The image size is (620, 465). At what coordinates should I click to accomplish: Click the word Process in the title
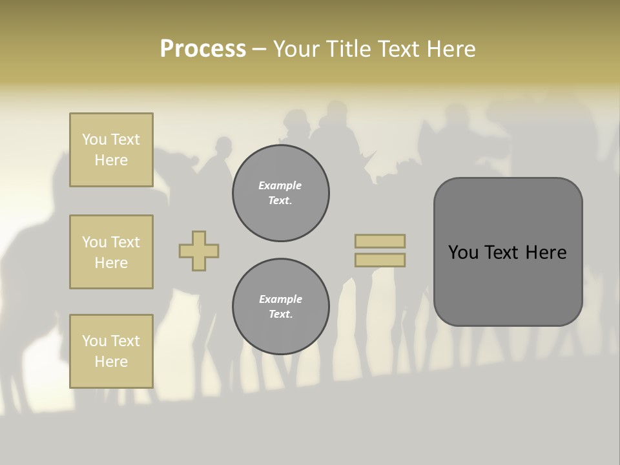coord(203,49)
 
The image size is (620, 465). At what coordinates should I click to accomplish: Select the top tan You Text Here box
coord(111,150)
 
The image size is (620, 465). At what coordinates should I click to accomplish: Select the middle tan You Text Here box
coord(111,252)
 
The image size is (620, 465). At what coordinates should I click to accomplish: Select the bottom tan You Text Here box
coord(111,351)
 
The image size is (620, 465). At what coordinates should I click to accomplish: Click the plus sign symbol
coord(199,251)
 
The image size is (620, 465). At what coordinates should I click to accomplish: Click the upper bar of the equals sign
coord(380,241)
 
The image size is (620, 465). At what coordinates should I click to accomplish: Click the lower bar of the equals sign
coord(380,260)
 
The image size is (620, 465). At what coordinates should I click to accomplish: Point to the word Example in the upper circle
coord(280,185)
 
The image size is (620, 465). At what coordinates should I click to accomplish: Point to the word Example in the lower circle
coord(280,299)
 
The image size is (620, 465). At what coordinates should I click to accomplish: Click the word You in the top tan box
coord(94,139)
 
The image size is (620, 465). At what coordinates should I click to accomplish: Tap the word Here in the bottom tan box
coord(111,362)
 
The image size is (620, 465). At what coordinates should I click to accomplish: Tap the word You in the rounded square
coord(464,253)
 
